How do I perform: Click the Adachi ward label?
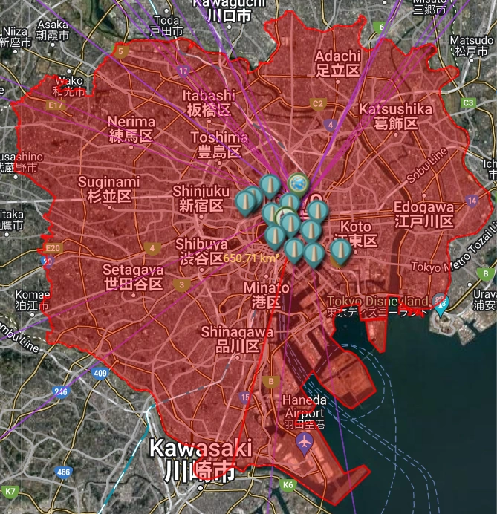(337, 63)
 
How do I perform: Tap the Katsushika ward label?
(395, 116)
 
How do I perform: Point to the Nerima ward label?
(131, 128)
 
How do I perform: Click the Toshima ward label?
(219, 145)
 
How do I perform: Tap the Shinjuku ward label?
(198, 198)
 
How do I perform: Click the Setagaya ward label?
(133, 276)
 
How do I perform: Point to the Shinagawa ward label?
(237, 339)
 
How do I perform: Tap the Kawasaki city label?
(200, 459)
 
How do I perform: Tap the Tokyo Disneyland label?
(378, 305)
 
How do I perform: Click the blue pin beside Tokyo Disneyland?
(442, 304)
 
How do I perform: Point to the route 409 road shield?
(101, 373)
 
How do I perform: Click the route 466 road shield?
(64, 472)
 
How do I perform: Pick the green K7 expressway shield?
(10, 492)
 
